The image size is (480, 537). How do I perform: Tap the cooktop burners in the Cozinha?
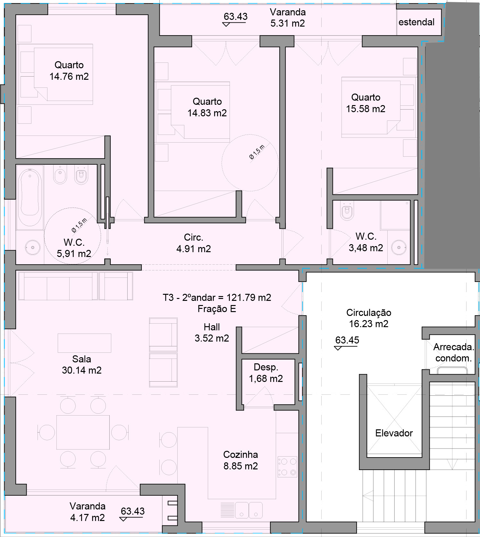(x=287, y=467)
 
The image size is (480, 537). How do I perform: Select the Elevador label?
(x=394, y=433)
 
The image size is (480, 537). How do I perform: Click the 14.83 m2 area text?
(x=207, y=113)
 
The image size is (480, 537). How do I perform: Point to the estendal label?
(x=416, y=22)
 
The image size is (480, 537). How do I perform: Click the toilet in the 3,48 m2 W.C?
(x=347, y=211)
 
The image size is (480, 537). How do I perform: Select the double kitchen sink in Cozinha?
(x=249, y=510)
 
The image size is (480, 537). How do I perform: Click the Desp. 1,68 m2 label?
(x=266, y=373)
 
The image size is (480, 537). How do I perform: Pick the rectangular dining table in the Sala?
(x=83, y=432)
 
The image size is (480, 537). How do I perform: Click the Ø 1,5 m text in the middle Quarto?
(x=257, y=152)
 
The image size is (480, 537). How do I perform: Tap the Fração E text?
(x=217, y=309)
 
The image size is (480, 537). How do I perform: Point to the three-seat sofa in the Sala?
(x=58, y=286)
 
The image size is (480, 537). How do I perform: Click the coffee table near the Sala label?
(x=84, y=343)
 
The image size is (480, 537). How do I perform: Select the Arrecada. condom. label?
(x=453, y=352)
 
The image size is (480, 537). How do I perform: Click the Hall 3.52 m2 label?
(x=212, y=333)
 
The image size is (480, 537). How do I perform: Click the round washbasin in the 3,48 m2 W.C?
(x=399, y=248)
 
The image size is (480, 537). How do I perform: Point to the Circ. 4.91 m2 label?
(x=193, y=243)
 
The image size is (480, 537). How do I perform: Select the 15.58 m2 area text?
(x=366, y=109)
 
